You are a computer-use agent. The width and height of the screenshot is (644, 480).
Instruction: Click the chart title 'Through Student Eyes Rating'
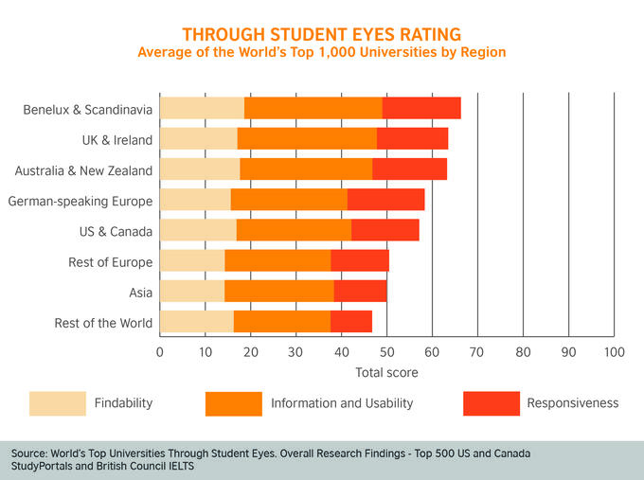(x=322, y=34)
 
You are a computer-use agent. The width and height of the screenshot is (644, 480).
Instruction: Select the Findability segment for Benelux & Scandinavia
(x=202, y=108)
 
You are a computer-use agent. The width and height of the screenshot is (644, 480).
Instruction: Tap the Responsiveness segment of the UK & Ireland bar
(x=412, y=139)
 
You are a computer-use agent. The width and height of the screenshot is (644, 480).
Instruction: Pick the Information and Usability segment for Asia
(x=278, y=291)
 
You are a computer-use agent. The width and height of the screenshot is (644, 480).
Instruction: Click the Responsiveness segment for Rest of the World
(x=350, y=322)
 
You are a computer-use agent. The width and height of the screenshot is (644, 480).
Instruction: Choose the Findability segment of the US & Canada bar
(x=198, y=230)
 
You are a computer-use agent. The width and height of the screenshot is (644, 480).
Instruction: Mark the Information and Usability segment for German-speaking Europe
(x=289, y=200)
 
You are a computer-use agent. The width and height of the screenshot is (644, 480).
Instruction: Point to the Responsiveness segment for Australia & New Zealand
(x=409, y=169)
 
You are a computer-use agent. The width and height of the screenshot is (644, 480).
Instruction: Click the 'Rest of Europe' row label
(x=110, y=262)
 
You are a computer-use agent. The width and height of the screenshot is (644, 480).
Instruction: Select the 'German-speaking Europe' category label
(x=80, y=201)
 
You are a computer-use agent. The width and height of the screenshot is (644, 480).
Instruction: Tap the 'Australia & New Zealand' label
(x=83, y=170)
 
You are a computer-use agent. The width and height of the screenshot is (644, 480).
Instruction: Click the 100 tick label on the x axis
(x=614, y=352)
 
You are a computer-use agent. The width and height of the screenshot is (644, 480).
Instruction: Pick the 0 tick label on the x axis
(x=159, y=352)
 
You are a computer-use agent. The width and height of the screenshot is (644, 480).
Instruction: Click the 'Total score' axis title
(x=386, y=373)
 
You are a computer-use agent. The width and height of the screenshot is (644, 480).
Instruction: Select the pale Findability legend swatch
(x=57, y=403)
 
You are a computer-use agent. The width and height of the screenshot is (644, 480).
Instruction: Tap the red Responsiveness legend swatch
(x=492, y=403)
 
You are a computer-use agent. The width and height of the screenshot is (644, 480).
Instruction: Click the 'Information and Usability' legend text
(x=342, y=403)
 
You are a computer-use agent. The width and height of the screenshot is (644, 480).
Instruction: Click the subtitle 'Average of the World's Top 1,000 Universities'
(x=322, y=52)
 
